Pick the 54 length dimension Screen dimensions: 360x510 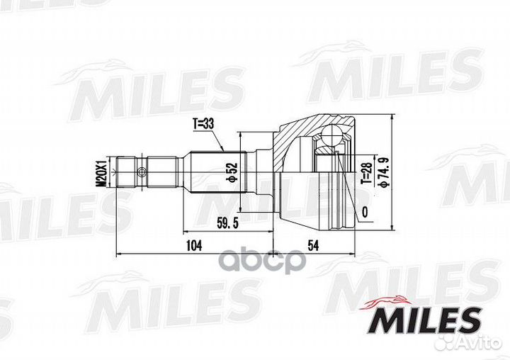(312, 246)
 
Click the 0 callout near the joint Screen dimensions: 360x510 (364, 212)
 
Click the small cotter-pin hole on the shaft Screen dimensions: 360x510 (142, 171)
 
